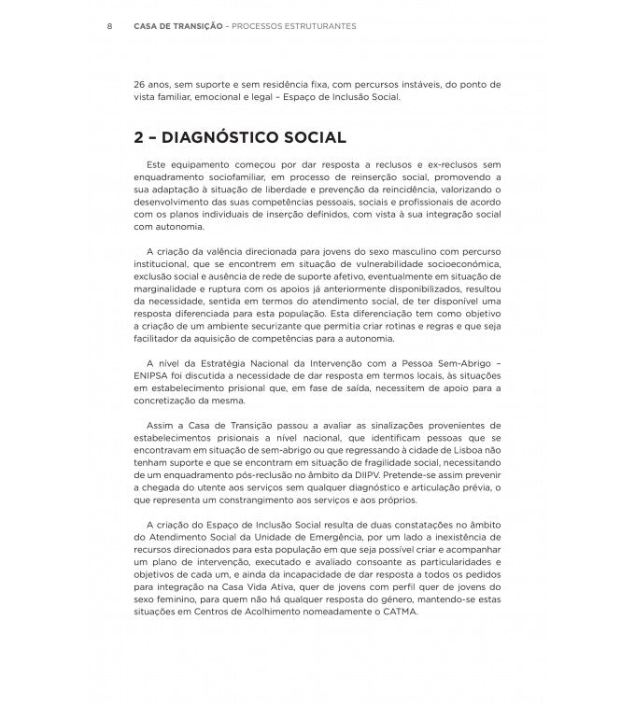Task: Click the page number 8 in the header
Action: (x=110, y=26)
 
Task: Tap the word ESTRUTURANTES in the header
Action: (x=314, y=26)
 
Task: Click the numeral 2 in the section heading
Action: (x=139, y=138)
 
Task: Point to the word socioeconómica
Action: (x=459, y=264)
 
